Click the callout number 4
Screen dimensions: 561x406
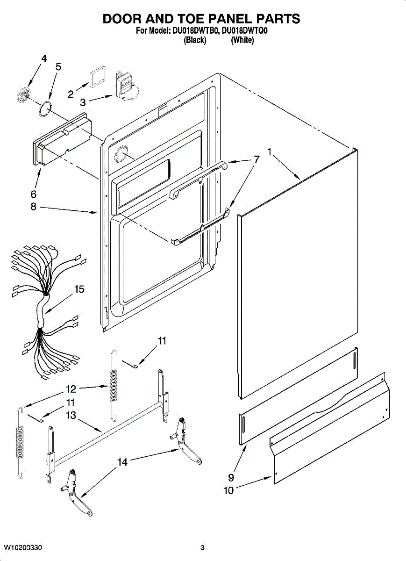(44, 59)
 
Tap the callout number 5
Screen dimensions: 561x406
(58, 67)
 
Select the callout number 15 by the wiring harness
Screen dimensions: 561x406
(79, 289)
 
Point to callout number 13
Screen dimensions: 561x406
(71, 415)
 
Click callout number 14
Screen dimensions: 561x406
(122, 462)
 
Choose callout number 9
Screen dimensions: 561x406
(230, 477)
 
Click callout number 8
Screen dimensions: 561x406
(33, 207)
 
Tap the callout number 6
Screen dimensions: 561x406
(33, 194)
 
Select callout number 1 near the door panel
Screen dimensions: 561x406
(270, 151)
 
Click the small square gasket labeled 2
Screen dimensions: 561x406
(97, 76)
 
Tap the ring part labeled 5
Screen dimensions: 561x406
(45, 108)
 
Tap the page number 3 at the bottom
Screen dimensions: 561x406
(202, 547)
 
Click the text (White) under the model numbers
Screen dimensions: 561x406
(242, 40)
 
